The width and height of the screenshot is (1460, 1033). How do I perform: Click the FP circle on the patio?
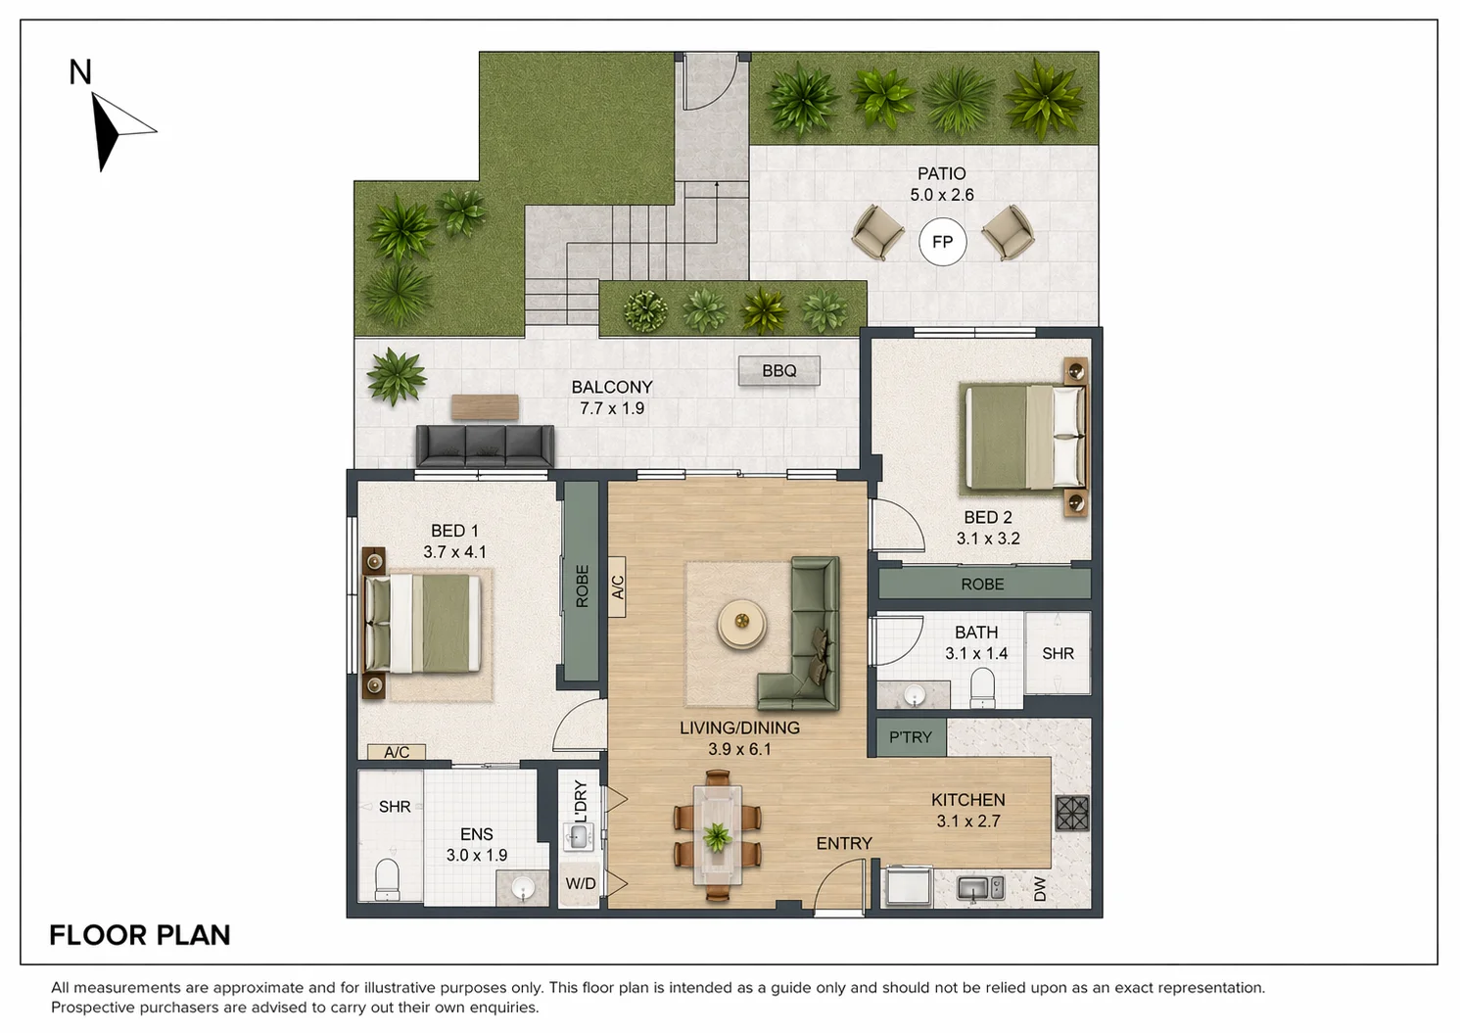coord(942,242)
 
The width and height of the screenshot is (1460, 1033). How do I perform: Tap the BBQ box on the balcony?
coord(778,371)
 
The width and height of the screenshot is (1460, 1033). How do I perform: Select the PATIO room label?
coord(941,173)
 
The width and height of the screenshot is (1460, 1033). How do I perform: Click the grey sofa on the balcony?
coord(485,446)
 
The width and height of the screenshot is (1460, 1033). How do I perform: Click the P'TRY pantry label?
coord(911,737)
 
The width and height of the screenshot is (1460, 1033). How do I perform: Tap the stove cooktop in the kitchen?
coord(1072,813)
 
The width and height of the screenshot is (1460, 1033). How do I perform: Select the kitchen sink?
coord(979,888)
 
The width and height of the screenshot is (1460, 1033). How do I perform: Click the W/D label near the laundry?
coord(580,884)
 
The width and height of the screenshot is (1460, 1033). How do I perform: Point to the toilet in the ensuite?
coord(387,879)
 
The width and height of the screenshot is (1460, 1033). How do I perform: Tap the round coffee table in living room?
coord(741,624)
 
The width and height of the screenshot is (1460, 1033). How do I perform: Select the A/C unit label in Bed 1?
coord(397,752)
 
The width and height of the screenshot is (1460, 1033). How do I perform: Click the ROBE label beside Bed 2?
coord(982,584)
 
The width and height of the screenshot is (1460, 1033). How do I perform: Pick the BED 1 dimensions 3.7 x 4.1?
coord(454,552)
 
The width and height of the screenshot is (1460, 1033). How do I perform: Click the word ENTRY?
coord(844,843)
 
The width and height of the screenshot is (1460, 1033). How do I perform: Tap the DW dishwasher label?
coord(1040,889)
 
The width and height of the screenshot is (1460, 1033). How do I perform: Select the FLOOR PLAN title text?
coord(140,935)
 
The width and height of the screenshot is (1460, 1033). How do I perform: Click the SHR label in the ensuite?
coord(395,807)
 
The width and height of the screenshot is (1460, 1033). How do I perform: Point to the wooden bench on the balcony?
coord(485,406)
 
